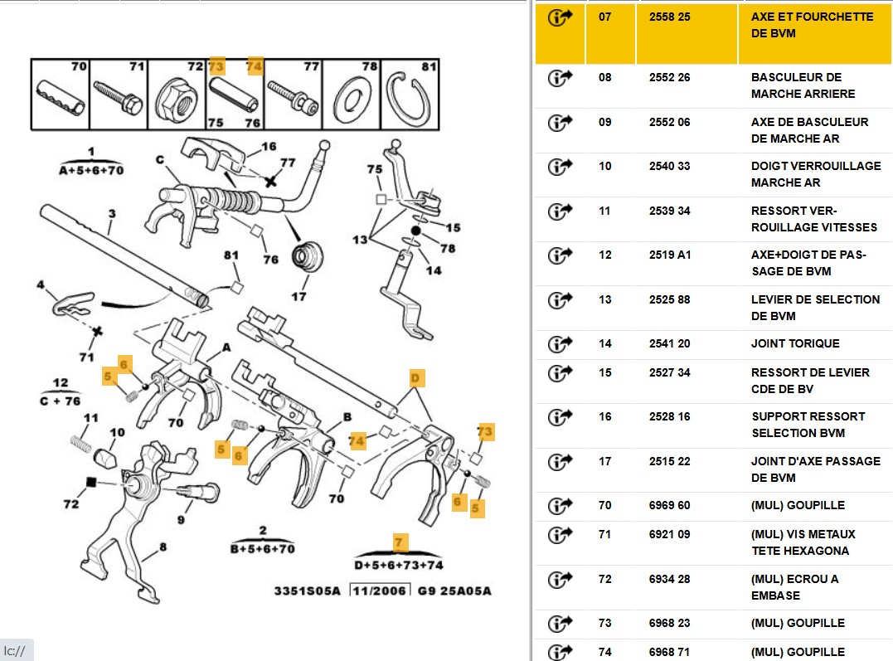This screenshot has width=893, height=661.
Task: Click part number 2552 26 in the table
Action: point(669,77)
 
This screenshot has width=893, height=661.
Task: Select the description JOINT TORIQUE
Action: point(795,343)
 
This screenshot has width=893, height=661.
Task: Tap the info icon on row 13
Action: point(561,299)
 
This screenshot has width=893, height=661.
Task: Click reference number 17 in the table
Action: point(604,461)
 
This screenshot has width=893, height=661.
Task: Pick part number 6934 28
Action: point(669,579)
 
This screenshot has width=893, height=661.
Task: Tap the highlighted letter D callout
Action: point(416,379)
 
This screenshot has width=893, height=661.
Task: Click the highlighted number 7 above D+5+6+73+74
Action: point(400,543)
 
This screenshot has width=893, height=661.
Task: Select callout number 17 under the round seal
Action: point(298,296)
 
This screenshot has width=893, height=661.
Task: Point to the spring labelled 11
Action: point(80,443)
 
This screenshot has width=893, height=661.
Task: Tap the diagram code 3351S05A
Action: point(307,591)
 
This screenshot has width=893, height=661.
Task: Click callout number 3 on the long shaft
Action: point(112,213)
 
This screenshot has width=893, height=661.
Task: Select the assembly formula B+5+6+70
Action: point(263,548)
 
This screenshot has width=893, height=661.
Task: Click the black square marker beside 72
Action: point(92,482)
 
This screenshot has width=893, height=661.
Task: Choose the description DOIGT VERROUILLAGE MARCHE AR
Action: point(816,174)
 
